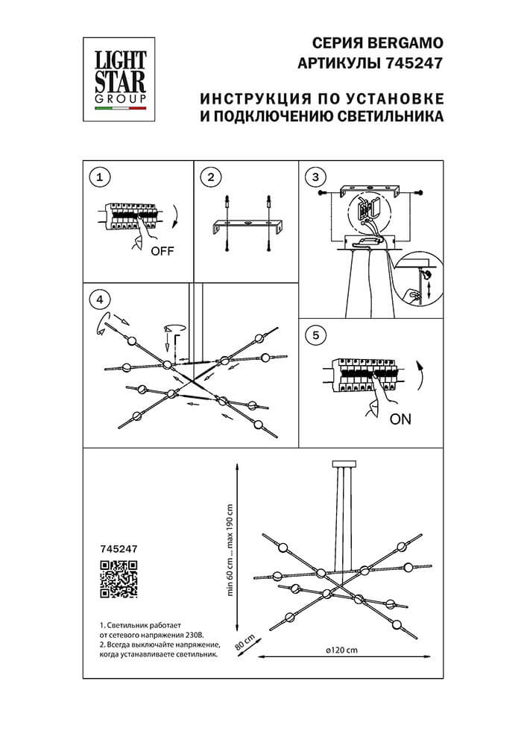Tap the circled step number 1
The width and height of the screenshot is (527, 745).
pos(99,177)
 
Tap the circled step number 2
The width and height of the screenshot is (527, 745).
pos(212,177)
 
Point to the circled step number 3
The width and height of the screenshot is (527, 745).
pos(317,177)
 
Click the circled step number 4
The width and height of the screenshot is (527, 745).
pos(99,299)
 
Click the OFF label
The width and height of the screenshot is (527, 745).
pos(162,251)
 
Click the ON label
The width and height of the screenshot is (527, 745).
pos(400,419)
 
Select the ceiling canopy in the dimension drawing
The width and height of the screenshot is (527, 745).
pos(344,463)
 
